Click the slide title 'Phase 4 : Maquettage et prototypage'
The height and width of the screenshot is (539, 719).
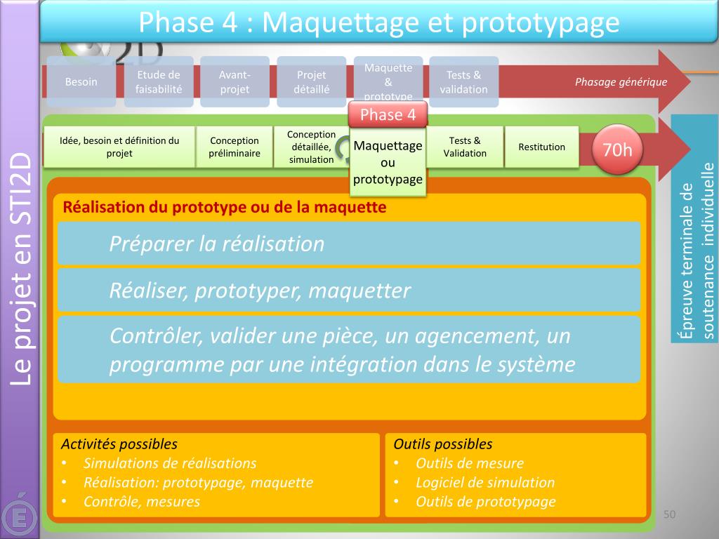pos(379,22)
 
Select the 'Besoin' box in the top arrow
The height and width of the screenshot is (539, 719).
pos(81,82)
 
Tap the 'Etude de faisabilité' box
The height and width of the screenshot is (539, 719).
pos(159,82)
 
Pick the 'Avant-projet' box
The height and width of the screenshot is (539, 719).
pos(235,82)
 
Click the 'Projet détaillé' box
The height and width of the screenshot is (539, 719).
pos(312,82)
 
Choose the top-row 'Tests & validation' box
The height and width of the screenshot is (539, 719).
pos(463,82)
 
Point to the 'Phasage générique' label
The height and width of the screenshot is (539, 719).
pos(621,82)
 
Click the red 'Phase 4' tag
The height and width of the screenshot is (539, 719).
pos(388,114)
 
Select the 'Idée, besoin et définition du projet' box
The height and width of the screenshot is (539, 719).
pos(119,147)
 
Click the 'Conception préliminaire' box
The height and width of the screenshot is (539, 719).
pos(235,147)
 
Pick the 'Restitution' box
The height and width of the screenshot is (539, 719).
pos(541,147)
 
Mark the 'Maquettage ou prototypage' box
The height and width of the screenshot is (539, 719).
pos(388,162)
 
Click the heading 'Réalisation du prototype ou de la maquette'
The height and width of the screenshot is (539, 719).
pos(225,207)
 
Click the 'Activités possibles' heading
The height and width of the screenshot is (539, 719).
pos(119,444)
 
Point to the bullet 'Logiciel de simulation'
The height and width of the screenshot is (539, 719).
pos(485,482)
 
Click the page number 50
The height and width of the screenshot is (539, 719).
pos(669,515)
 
